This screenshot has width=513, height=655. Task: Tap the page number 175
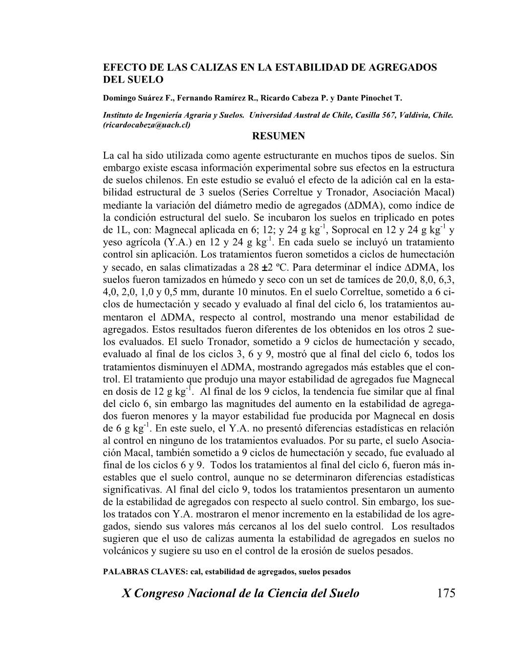click(446, 593)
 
